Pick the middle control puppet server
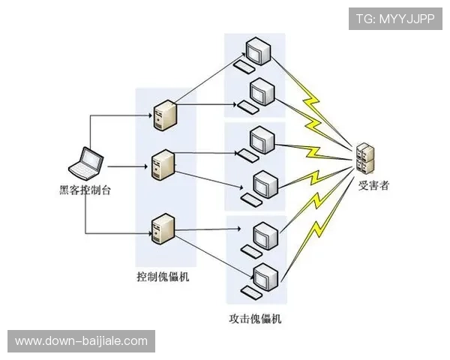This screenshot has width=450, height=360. point(163,166)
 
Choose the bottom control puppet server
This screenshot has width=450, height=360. point(163,229)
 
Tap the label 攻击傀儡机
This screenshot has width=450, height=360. point(256,319)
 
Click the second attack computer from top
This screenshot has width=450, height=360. point(262,93)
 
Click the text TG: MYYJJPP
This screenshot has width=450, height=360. point(395,18)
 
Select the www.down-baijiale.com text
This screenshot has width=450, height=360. point(81,341)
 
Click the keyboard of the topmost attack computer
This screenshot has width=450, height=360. point(244,66)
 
